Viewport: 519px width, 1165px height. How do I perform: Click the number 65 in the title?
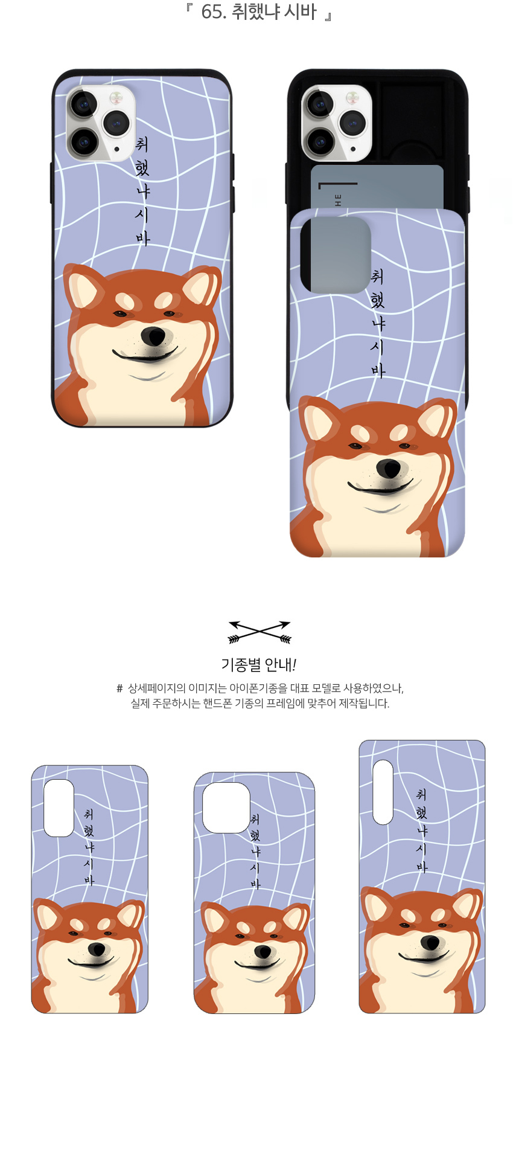click(x=211, y=11)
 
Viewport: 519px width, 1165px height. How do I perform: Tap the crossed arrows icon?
click(x=259, y=632)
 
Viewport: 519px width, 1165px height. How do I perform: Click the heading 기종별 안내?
click(x=259, y=665)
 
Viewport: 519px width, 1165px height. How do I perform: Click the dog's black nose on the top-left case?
click(x=153, y=336)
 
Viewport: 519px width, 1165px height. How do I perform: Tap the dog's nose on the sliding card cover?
click(x=389, y=468)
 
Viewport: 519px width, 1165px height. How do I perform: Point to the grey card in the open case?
click(x=377, y=187)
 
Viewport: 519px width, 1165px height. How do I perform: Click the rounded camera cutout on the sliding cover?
click(x=336, y=255)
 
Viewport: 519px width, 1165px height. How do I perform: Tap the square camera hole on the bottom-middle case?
click(x=226, y=807)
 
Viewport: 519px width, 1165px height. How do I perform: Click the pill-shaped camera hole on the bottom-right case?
click(x=383, y=792)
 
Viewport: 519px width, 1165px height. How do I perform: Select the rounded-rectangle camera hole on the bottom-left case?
click(x=59, y=808)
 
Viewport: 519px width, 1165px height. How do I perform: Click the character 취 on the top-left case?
click(x=142, y=144)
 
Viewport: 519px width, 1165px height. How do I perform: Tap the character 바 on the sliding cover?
click(x=378, y=370)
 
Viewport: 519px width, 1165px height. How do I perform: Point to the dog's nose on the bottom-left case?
click(x=96, y=949)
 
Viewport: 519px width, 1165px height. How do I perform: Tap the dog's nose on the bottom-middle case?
click(x=262, y=952)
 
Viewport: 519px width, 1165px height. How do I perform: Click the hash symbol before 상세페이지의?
click(x=119, y=688)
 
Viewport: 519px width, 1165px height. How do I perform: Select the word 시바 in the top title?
click(x=300, y=11)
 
